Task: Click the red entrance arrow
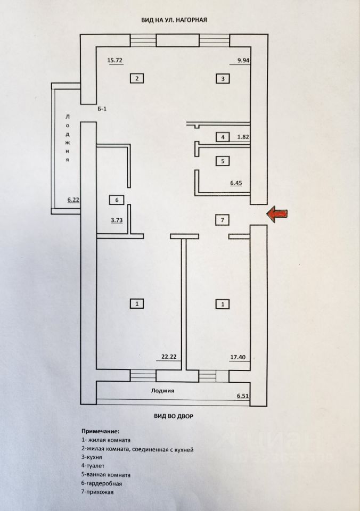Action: point(277,214)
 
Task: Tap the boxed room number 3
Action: point(223,79)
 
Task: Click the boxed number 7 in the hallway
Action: point(223,219)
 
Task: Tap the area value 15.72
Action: point(115,61)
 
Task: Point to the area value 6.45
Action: point(238,183)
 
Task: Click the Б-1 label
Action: point(102,109)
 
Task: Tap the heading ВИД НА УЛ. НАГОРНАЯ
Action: point(174,20)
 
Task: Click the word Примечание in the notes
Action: point(101,430)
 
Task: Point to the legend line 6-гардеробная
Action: point(102,483)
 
